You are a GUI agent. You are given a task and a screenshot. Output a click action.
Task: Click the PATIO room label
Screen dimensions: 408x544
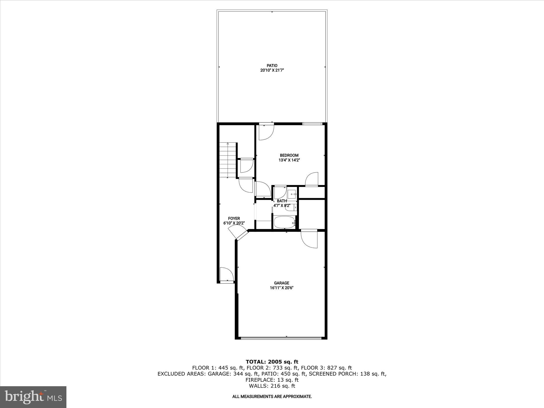(272, 65)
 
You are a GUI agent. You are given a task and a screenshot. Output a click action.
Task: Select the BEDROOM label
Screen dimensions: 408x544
(289, 155)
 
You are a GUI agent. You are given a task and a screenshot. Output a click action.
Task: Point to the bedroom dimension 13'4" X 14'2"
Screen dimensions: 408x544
(289, 160)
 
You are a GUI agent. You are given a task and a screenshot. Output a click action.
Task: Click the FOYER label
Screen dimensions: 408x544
(234, 218)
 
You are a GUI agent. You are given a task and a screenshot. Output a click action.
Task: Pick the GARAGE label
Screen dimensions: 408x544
(282, 283)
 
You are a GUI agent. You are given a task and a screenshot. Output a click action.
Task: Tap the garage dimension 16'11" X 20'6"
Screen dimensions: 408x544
(282, 288)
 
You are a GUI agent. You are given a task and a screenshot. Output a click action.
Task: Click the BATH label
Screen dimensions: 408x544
(282, 201)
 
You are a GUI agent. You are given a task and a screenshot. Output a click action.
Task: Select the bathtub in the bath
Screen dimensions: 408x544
(284, 222)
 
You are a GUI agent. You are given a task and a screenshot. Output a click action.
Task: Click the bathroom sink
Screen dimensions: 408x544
(292, 194)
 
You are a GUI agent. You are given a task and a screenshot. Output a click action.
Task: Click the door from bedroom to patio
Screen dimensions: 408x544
(266, 132)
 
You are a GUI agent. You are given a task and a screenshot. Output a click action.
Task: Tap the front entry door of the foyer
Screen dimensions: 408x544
(227, 282)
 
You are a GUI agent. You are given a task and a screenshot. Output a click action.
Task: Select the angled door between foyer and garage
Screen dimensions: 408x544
(237, 233)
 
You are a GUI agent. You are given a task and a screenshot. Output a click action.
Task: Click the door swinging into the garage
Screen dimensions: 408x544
(309, 239)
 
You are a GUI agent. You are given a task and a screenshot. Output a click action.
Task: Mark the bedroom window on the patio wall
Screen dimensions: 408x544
(312, 124)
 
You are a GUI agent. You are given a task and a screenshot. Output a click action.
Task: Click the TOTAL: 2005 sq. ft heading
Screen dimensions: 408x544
(272, 362)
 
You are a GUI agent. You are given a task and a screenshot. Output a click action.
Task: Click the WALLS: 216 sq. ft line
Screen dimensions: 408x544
(272, 386)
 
